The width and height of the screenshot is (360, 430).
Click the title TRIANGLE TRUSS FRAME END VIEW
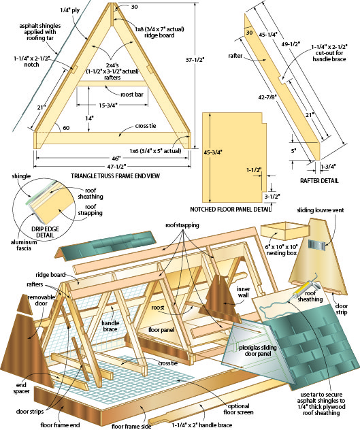click(x=115, y=176)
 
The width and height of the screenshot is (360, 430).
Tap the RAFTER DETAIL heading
click(x=319, y=181)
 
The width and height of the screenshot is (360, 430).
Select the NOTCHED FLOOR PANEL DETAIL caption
click(x=231, y=210)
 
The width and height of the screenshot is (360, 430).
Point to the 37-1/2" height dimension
click(x=195, y=59)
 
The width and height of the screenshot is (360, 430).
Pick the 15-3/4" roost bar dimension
click(x=108, y=105)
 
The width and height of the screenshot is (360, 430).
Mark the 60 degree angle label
click(x=66, y=128)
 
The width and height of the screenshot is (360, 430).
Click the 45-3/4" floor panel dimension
click(x=212, y=152)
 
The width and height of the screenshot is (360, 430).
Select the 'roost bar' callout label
click(x=132, y=95)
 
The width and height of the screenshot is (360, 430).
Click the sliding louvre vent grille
click(x=316, y=245)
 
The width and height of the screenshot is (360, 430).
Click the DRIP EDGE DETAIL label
click(x=45, y=232)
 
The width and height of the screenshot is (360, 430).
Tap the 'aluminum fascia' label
click(x=24, y=245)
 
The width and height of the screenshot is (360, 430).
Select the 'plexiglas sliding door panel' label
click(x=258, y=350)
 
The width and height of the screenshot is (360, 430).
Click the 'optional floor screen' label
click(x=238, y=409)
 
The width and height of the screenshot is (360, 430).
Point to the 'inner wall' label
click(x=244, y=292)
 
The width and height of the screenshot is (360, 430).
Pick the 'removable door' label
click(x=41, y=300)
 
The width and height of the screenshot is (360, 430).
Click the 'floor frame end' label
click(x=60, y=425)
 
